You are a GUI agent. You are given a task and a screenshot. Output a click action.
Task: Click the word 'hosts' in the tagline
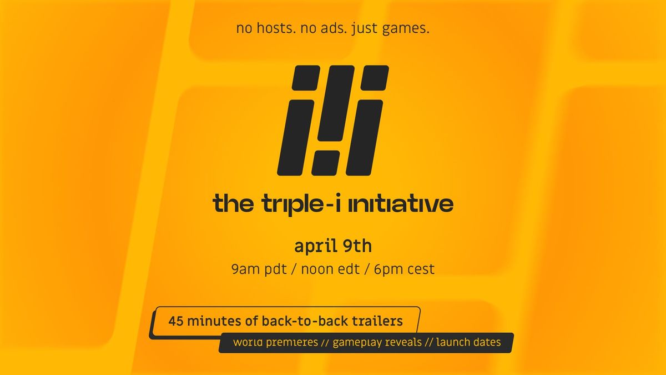tap(274, 28)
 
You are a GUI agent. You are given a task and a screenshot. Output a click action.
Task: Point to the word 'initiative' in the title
tap(400, 204)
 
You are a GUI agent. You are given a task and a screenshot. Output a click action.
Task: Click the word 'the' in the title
tap(233, 204)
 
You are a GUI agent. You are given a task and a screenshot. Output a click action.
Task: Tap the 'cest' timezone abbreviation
tap(420, 269)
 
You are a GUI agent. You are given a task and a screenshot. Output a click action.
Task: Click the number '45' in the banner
tap(176, 321)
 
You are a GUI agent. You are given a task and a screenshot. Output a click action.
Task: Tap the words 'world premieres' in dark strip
tap(275, 342)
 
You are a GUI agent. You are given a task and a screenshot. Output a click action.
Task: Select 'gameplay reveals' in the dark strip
tap(377, 342)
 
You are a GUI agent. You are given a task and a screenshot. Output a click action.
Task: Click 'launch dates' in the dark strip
tap(468, 342)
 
